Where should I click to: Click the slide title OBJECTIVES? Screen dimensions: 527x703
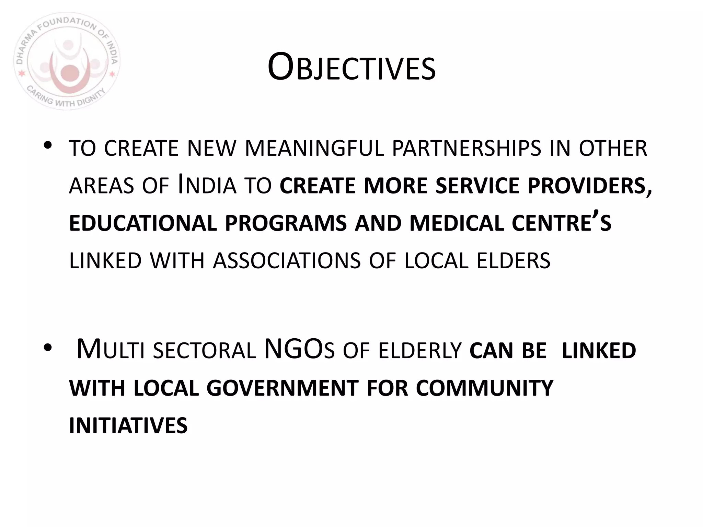[351, 67]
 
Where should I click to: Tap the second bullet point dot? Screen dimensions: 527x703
[48, 348]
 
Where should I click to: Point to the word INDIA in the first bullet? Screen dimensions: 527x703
[207, 186]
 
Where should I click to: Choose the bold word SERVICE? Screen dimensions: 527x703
[477, 186]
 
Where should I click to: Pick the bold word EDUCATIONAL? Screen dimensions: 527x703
[143, 223]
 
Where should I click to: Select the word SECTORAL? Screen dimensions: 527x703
[204, 351]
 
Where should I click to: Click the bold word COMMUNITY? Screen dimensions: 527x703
[484, 388]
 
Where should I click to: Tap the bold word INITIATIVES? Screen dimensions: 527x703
[128, 426]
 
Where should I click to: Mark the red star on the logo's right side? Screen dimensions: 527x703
[112, 74]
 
